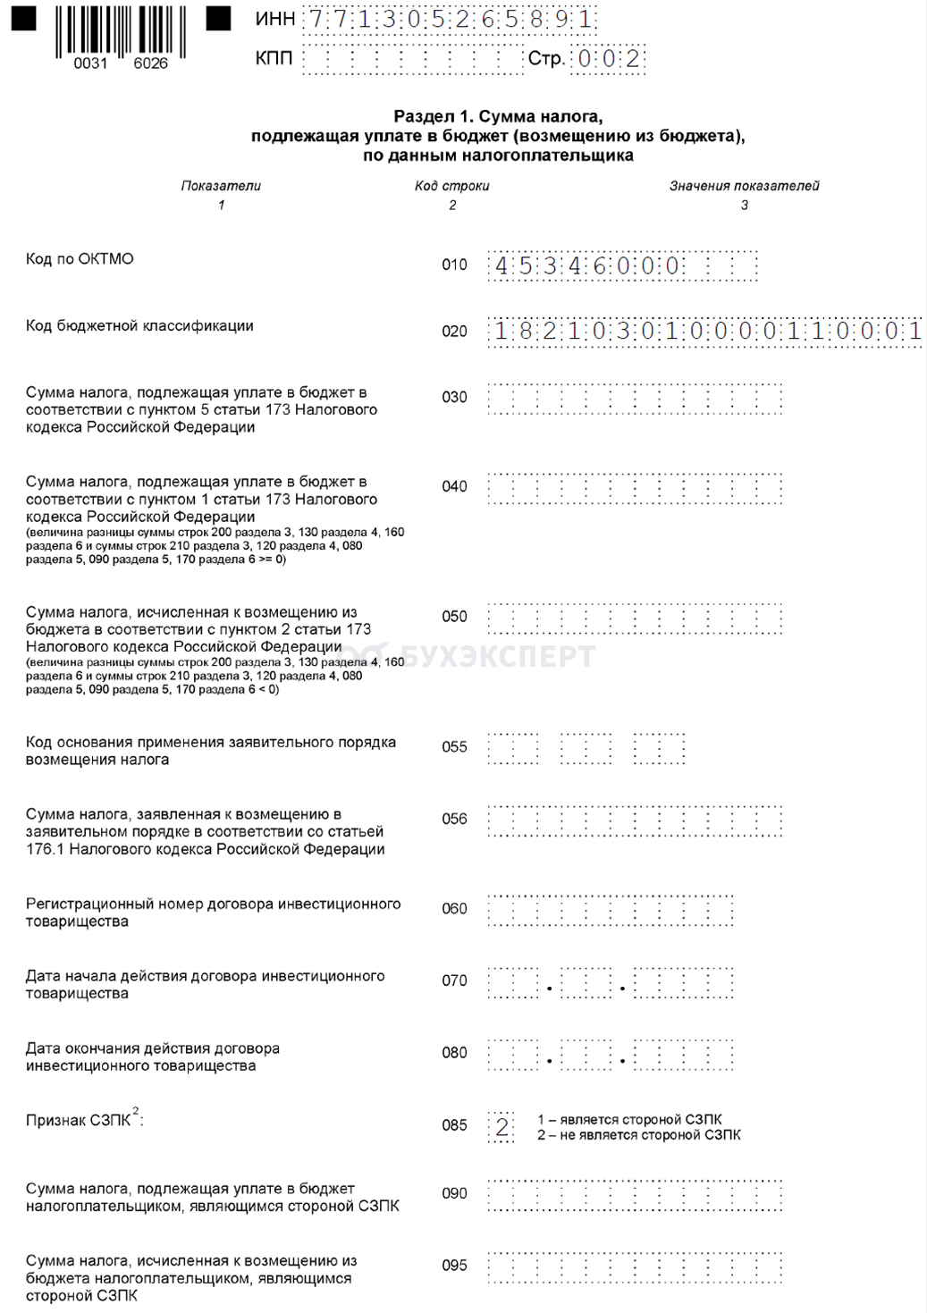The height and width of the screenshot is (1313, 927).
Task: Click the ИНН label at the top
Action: click(x=274, y=20)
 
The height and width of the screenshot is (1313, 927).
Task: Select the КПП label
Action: click(x=274, y=59)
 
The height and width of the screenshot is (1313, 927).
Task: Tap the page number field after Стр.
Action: click(x=608, y=60)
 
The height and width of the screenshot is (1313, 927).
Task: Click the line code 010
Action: click(x=454, y=265)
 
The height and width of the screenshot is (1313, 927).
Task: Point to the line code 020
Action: click(x=454, y=332)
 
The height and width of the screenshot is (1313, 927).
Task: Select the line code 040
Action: click(x=454, y=486)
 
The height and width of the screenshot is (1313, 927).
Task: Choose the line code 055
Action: click(x=454, y=747)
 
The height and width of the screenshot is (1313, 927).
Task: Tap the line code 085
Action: click(x=454, y=1125)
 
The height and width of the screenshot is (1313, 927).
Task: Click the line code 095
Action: click(x=454, y=1266)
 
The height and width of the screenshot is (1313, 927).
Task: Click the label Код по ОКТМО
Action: click(x=80, y=259)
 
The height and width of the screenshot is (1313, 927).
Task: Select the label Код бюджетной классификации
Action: click(x=139, y=326)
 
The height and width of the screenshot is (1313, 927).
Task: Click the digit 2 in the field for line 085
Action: click(x=501, y=1127)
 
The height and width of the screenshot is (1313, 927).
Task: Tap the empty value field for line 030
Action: click(x=635, y=399)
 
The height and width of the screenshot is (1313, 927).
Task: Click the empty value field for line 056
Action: click(x=635, y=821)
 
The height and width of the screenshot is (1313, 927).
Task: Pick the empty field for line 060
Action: click(x=611, y=910)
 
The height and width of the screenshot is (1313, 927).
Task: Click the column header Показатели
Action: click(x=221, y=186)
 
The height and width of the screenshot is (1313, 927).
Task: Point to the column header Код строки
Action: click(x=451, y=186)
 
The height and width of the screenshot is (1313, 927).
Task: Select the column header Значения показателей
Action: click(x=744, y=186)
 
